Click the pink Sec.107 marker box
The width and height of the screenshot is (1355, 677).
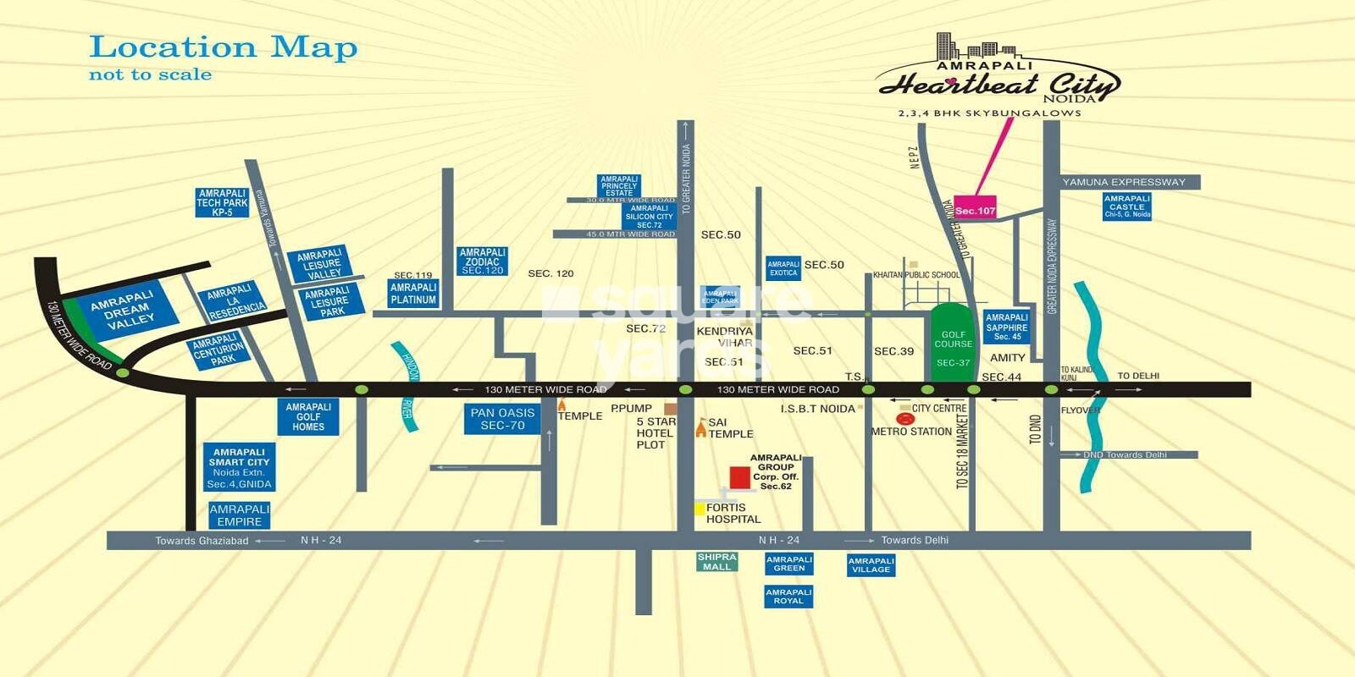975,210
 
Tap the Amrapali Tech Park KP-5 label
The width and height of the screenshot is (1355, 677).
222,203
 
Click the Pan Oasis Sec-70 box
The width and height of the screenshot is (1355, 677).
502,419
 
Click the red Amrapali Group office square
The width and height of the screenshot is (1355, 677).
739,477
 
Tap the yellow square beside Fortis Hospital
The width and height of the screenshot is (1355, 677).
700,509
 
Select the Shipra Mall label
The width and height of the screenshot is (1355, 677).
716,562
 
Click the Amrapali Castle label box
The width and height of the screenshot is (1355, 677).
1126,206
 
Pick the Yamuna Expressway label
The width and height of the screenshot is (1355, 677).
1124,182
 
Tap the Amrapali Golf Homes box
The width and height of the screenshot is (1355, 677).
308,417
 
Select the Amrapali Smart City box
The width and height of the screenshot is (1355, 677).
239,468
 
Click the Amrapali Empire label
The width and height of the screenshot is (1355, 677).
239,515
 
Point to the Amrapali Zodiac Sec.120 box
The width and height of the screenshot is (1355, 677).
482,261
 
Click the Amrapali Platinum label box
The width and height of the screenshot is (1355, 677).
413,294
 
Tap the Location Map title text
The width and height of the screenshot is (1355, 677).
223,47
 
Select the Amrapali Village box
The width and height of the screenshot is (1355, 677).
871,565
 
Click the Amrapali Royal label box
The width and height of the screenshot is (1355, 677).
788,597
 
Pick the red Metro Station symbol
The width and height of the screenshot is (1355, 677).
904,418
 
